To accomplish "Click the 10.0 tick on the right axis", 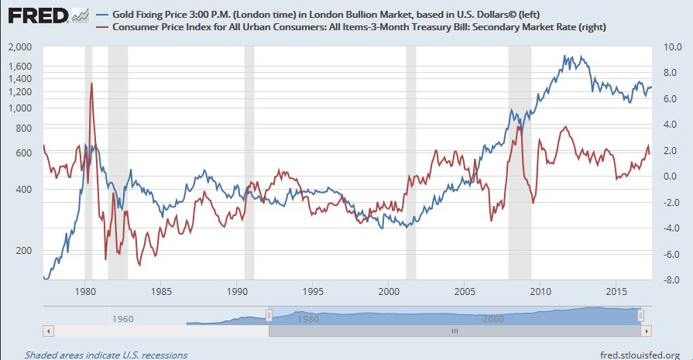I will pos(670,47).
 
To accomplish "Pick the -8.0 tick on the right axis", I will pos(670,280).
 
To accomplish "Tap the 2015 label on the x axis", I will pos(617,292).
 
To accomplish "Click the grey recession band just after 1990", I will pos(249,163).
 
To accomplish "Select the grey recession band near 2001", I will pos(411,163).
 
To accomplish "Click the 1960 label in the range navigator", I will pos(123,318).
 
